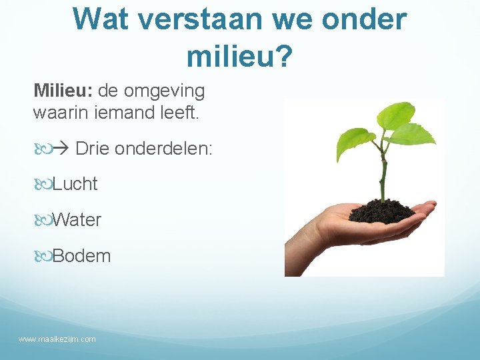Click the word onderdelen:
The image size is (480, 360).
click(164, 149)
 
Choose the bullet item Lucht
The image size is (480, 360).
click(75, 185)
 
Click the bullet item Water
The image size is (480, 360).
click(77, 220)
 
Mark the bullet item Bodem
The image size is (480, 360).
click(81, 256)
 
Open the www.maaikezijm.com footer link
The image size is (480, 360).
click(57, 339)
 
